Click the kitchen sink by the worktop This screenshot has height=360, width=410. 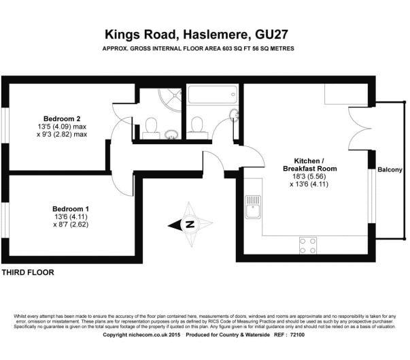pos(253,206)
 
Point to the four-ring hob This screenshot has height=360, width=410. pos(307,244)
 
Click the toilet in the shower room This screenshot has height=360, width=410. pos(151,124)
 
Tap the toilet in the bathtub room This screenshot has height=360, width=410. pos(197,123)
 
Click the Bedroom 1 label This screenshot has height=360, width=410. pos(71,208)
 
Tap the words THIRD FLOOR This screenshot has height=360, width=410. pos(28,272)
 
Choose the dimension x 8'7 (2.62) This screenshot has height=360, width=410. pos(71,225)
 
